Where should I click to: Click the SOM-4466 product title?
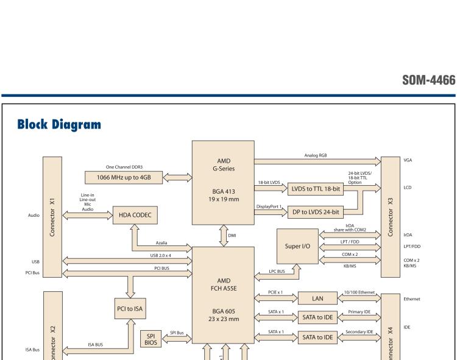tap(428, 80)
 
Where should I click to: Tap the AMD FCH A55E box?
tap(223, 295)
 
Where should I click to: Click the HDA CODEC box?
tap(135, 215)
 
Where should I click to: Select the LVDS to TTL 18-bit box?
tap(316, 189)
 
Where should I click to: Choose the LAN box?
tap(317, 298)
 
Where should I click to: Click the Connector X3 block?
tap(389, 217)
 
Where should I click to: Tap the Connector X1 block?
tap(52, 217)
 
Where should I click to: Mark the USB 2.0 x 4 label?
tap(160, 255)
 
